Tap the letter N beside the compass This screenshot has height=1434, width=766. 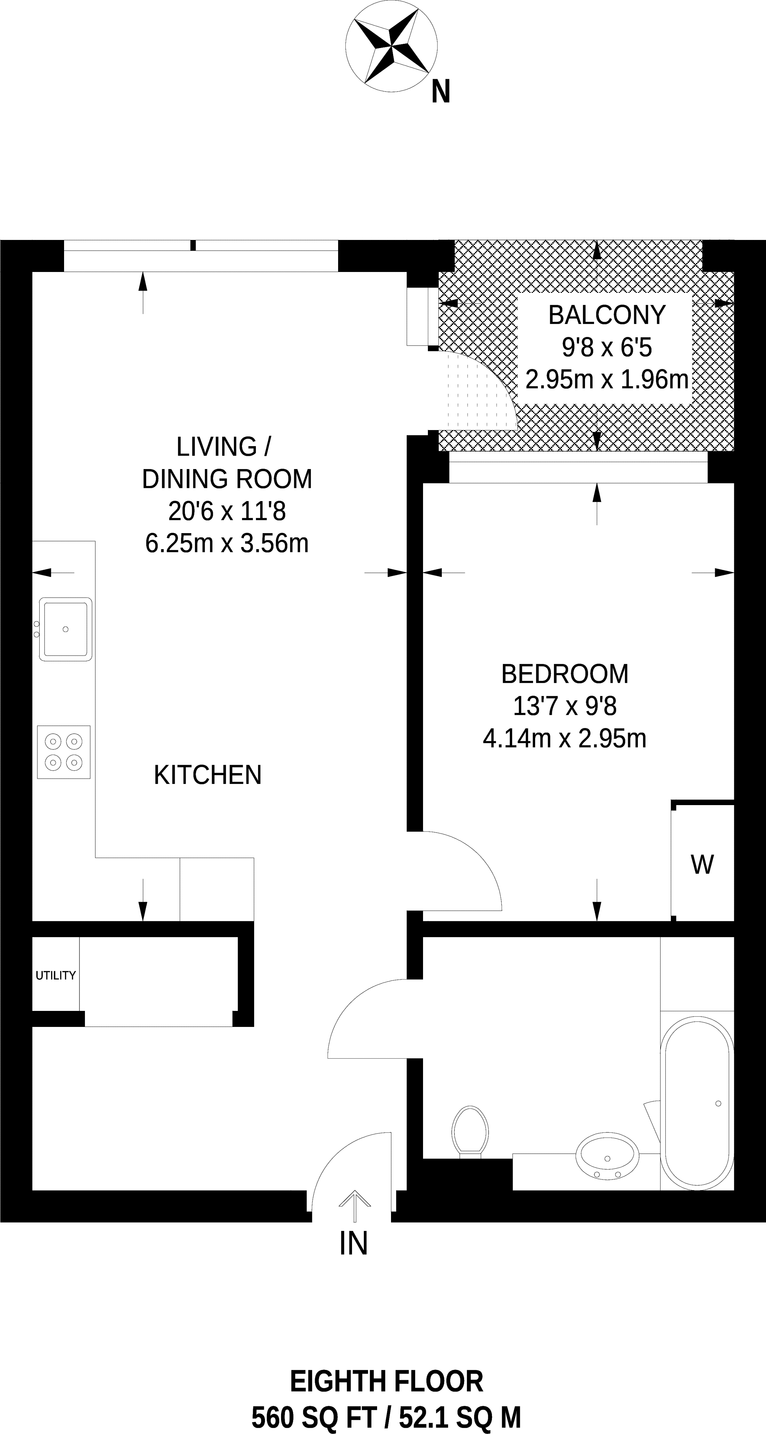440,92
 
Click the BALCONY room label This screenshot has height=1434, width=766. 607,315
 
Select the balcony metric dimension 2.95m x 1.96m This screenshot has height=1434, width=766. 607,380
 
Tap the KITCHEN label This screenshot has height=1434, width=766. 208,775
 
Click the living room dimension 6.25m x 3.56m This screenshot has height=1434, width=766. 227,543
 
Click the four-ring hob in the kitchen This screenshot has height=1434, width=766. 63,752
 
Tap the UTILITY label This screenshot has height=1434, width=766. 56,975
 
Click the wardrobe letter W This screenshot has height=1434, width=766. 703,865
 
